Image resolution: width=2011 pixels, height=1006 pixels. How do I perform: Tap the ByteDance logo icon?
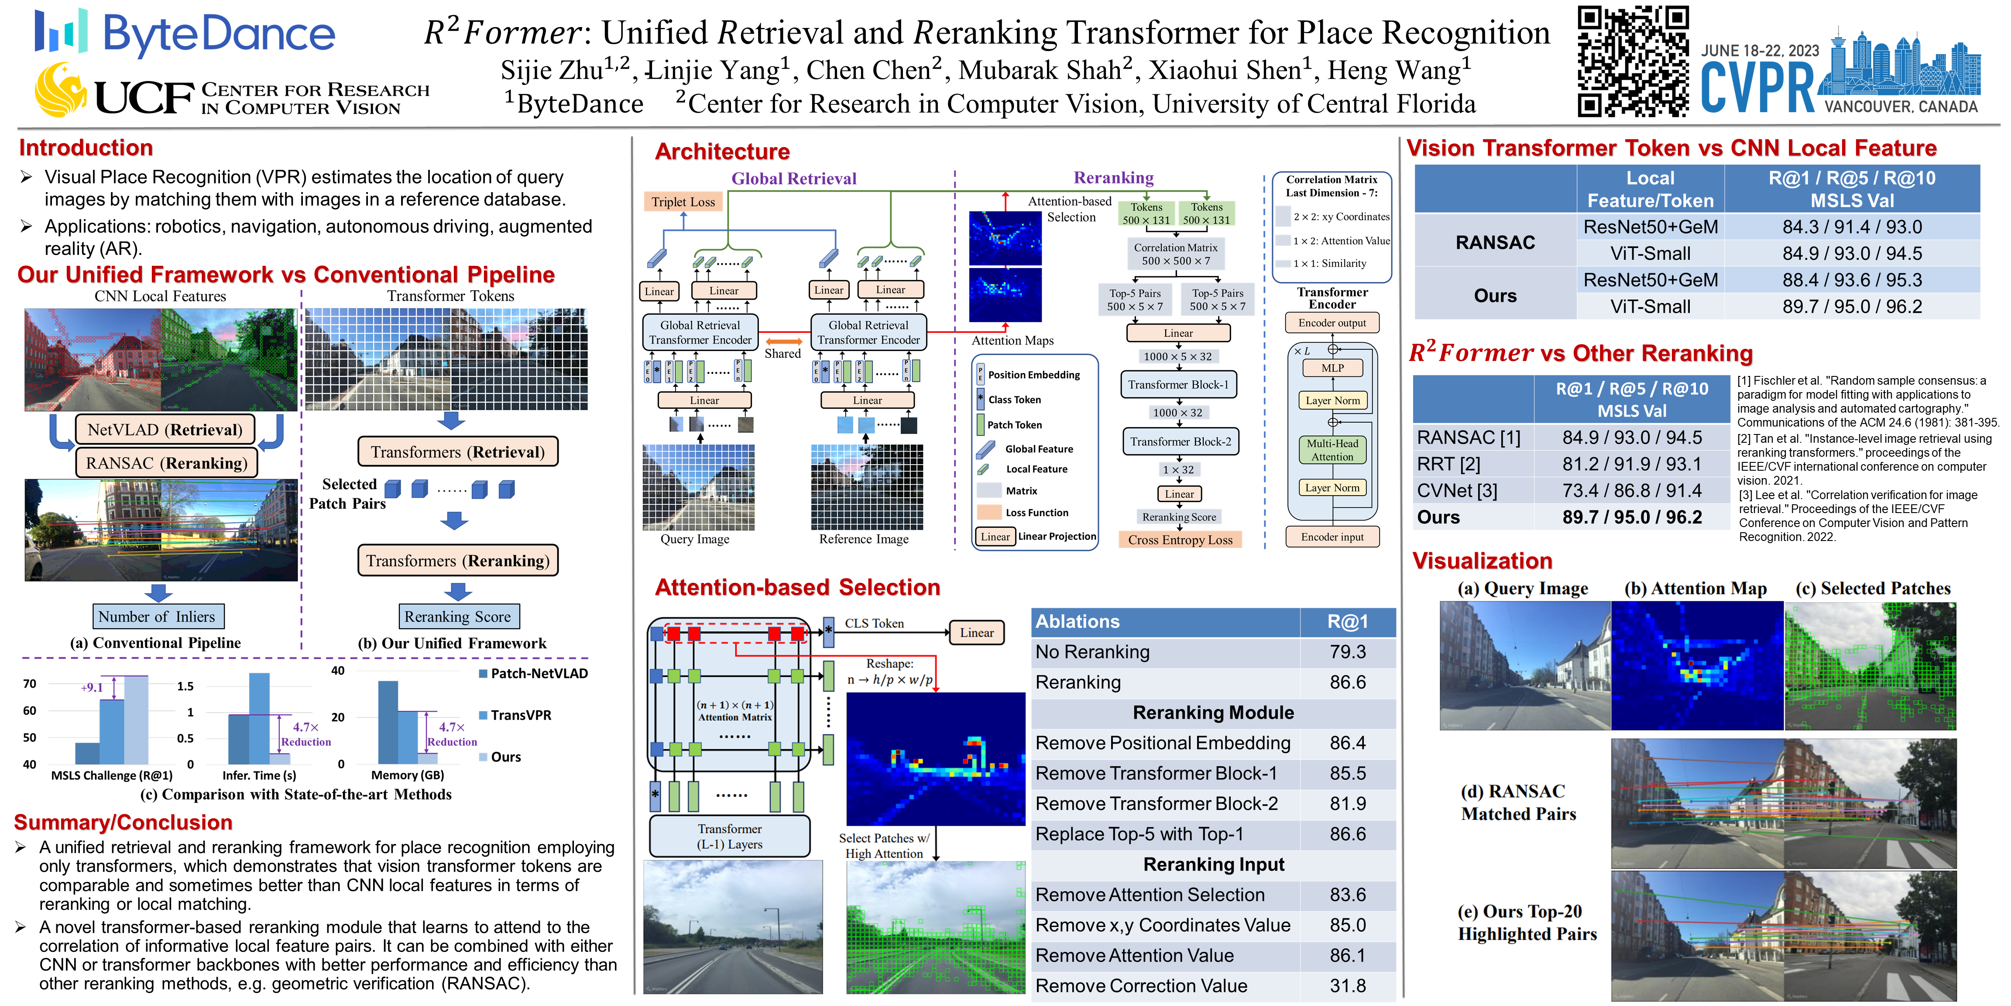61,31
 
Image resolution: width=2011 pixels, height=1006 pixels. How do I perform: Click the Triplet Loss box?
683,202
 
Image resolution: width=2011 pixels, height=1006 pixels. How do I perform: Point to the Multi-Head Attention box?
1333,450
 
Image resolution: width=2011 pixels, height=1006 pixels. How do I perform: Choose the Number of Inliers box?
157,616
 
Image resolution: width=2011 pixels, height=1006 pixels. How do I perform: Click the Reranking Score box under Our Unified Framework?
457,616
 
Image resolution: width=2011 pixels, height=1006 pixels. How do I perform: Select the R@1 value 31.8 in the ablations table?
1348,985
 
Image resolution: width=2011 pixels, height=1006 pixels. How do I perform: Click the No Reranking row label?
1092,651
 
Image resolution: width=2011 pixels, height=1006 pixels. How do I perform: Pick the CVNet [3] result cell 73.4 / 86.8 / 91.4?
1632,490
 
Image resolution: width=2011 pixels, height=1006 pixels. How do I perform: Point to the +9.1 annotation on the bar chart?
92,687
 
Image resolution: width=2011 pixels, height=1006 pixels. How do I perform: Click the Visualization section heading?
1482,561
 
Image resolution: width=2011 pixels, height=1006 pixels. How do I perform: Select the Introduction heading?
86,148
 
